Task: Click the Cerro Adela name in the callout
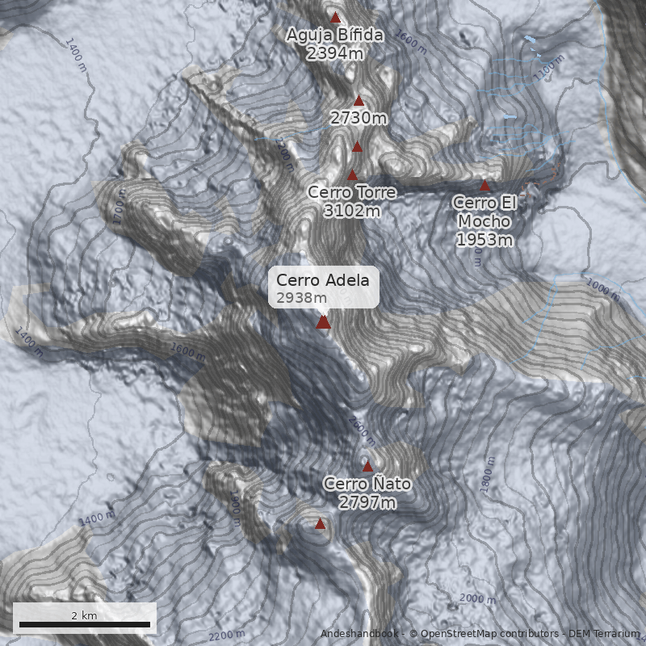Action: coord(322,280)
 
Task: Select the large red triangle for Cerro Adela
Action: coord(323,322)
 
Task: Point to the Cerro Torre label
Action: coord(352,193)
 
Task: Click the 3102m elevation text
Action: coord(352,211)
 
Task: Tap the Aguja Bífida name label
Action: coord(334,36)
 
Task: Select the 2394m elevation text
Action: coord(334,53)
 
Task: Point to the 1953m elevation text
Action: coord(484,240)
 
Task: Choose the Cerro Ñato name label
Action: coord(367,484)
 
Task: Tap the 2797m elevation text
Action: coord(367,502)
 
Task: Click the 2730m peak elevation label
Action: coord(359,118)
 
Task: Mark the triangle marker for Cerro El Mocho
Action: coord(485,185)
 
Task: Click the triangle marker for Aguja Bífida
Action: coord(335,17)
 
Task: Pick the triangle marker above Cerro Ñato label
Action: coord(367,466)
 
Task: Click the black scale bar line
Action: coord(85,624)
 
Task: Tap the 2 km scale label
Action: coord(84,615)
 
